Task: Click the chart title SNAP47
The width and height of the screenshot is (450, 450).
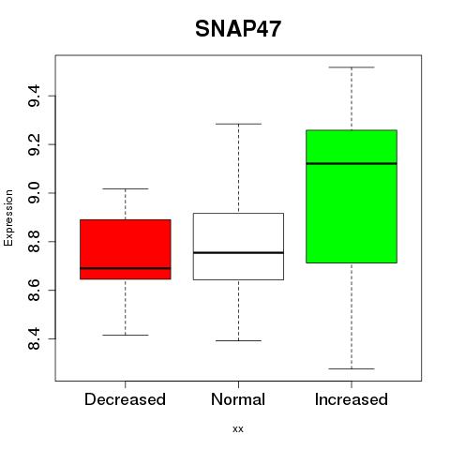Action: click(x=238, y=29)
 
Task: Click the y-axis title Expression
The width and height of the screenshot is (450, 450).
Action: click(x=8, y=217)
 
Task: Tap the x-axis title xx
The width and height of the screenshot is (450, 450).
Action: click(x=238, y=429)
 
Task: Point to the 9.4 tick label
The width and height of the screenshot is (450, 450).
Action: click(x=34, y=96)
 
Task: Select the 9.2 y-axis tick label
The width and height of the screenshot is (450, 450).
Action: click(x=34, y=144)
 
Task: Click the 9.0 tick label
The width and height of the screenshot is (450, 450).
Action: click(x=34, y=193)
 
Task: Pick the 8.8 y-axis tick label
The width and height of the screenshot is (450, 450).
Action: click(x=34, y=241)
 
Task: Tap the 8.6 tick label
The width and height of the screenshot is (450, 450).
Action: click(x=34, y=290)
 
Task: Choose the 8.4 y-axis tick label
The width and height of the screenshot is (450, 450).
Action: click(x=34, y=338)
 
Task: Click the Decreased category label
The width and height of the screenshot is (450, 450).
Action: click(x=125, y=399)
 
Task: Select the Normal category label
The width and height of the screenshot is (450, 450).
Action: click(x=238, y=399)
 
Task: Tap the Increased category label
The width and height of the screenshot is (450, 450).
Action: click(x=352, y=399)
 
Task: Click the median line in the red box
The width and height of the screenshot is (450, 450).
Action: click(x=126, y=268)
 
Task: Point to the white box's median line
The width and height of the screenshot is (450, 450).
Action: click(x=238, y=252)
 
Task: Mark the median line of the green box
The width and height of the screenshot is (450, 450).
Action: click(x=352, y=163)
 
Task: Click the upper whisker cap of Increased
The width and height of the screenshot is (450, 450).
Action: click(x=352, y=67)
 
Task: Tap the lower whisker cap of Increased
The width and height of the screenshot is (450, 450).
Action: click(x=352, y=368)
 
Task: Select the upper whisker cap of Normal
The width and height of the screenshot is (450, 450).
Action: click(x=238, y=124)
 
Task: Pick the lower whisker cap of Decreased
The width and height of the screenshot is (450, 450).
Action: click(x=126, y=335)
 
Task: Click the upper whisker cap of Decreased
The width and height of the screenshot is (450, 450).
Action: click(x=126, y=188)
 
